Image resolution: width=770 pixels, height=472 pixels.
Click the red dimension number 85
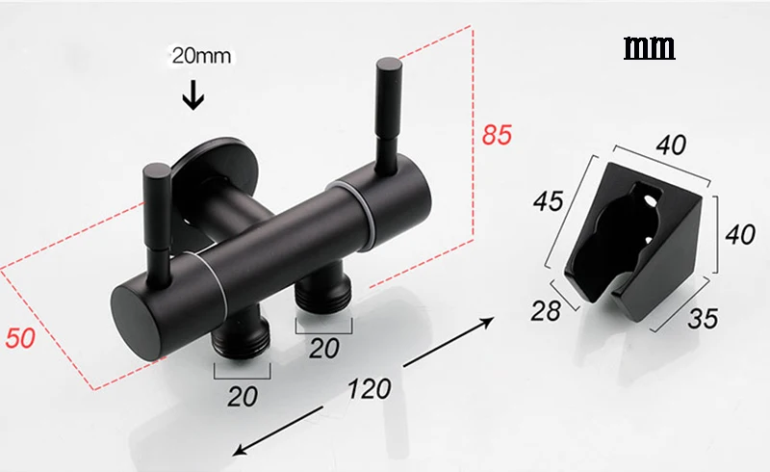[497, 135]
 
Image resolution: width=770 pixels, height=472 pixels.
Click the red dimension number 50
[20, 338]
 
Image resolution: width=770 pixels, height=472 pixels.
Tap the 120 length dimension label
[370, 389]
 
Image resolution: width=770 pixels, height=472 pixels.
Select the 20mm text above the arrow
[201, 56]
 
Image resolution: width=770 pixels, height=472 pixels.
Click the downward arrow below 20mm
[193, 95]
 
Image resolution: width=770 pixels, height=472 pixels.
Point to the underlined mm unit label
[649, 48]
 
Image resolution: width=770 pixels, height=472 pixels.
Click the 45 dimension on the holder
[549, 200]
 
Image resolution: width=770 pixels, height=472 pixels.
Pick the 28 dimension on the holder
[546, 311]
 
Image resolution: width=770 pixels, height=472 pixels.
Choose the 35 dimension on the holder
[703, 318]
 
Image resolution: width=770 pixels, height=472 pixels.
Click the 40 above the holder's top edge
[671, 144]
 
